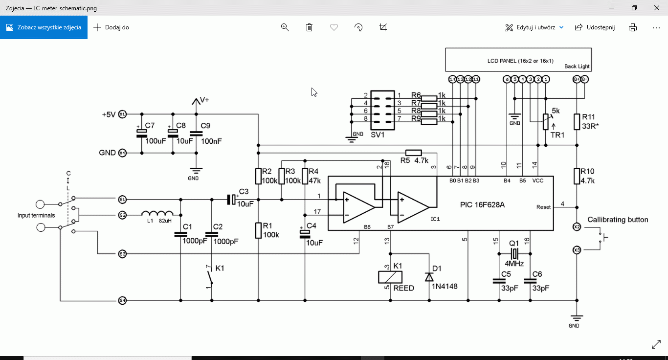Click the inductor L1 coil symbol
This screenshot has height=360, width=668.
click(157, 213)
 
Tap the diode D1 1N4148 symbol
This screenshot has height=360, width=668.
click(429, 277)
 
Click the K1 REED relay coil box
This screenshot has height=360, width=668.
click(390, 277)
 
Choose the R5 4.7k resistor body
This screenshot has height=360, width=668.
click(414, 152)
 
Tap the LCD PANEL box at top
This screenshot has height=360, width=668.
click(518, 60)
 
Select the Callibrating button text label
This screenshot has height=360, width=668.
click(618, 220)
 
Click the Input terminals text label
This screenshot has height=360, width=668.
click(36, 215)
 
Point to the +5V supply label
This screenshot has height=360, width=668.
click(109, 114)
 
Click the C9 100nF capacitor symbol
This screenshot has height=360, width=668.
click(196, 133)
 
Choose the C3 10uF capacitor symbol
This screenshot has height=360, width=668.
click(231, 199)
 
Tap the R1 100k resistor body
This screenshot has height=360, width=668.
click(258, 230)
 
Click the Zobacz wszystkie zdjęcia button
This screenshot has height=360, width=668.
click(44, 27)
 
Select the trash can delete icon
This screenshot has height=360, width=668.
click(309, 27)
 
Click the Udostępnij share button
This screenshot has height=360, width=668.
click(595, 27)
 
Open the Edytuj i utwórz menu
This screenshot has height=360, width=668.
click(534, 27)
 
